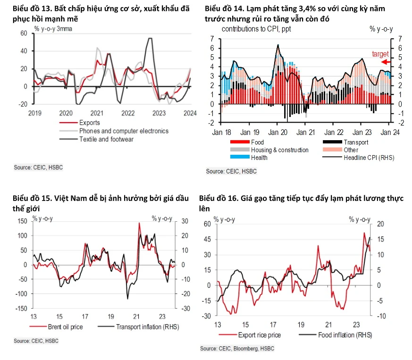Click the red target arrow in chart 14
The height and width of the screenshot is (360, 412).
[x=386, y=62]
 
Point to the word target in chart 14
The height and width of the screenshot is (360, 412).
[x=380, y=54]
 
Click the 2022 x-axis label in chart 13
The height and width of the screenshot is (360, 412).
[x=128, y=113]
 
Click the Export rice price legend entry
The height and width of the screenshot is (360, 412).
[x=259, y=335]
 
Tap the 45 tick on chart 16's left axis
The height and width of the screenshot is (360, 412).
[x=207, y=239]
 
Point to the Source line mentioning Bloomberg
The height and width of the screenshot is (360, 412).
[x=237, y=349]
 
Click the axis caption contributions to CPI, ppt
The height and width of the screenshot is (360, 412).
[x=255, y=29]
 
